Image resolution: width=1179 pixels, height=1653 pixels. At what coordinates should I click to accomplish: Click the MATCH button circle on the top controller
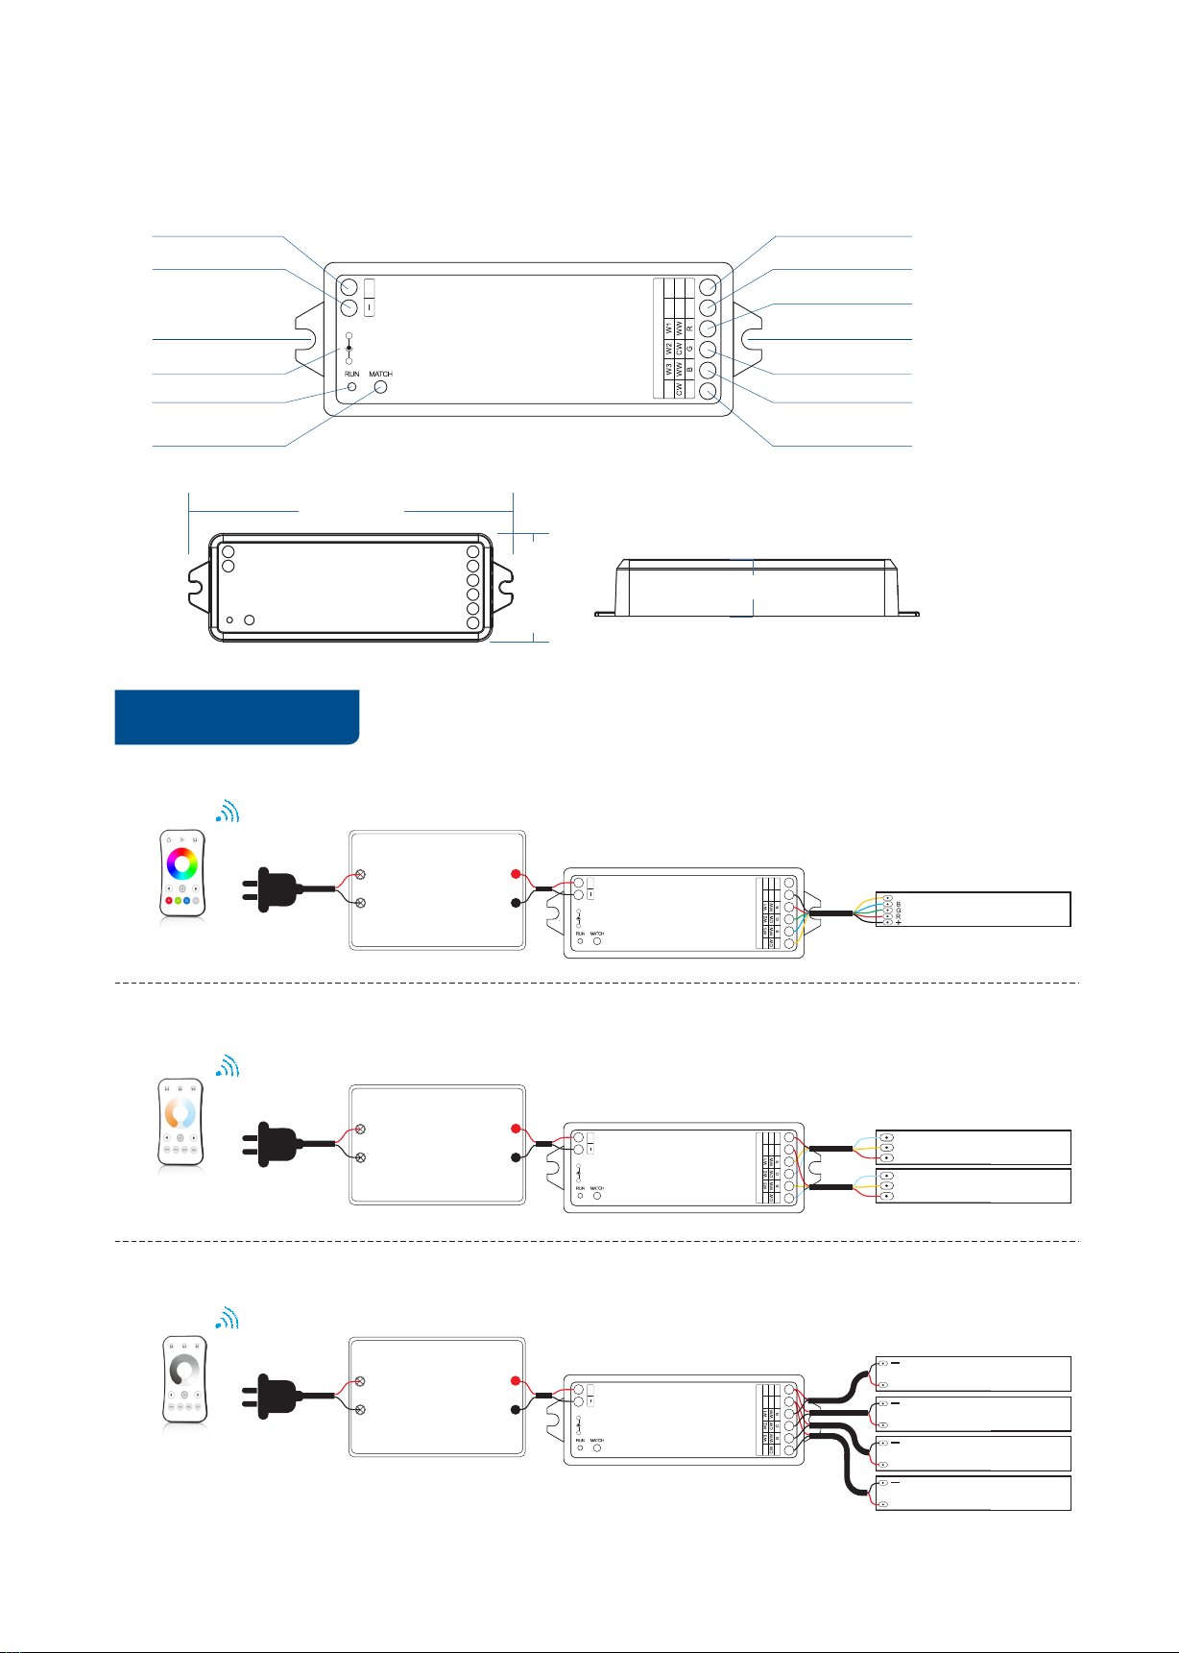[x=380, y=387]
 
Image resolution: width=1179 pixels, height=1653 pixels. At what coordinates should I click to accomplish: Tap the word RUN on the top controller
[x=352, y=374]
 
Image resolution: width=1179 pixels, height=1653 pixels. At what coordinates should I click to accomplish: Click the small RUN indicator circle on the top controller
[x=351, y=386]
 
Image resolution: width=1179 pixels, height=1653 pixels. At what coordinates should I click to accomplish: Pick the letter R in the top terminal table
[x=689, y=328]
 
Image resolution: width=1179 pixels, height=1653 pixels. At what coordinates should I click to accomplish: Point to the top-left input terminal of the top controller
[x=349, y=287]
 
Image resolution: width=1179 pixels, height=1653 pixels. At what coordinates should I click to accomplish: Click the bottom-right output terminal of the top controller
[x=709, y=391]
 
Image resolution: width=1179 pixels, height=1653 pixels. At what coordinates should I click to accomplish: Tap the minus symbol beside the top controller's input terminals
[x=370, y=307]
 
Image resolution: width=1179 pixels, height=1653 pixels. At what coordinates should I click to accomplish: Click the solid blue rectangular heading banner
[x=236, y=717]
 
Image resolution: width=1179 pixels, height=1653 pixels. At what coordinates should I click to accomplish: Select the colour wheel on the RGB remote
[x=181, y=863]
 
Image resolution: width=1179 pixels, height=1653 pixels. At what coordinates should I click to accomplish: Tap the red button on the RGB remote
[x=169, y=901]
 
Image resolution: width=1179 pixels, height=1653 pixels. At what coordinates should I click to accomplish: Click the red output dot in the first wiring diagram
[x=516, y=875]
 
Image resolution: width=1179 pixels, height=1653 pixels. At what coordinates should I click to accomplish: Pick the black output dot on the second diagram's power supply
[x=516, y=1157]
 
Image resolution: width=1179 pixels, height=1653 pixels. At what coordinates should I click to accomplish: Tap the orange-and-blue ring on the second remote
[x=181, y=1113]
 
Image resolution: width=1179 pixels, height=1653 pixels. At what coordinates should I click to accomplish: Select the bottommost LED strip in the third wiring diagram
[x=974, y=1494]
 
